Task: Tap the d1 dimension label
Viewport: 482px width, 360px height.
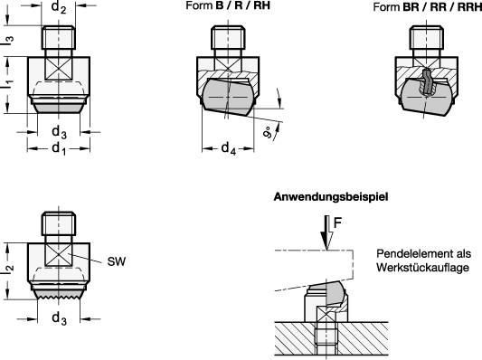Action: coord(58,147)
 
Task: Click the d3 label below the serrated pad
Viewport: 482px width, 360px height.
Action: coord(58,318)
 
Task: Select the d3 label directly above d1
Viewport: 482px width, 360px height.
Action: coord(58,132)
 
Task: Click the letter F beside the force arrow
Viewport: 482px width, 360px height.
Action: coord(337,219)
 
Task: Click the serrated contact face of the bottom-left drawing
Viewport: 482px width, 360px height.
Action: coord(58,293)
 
